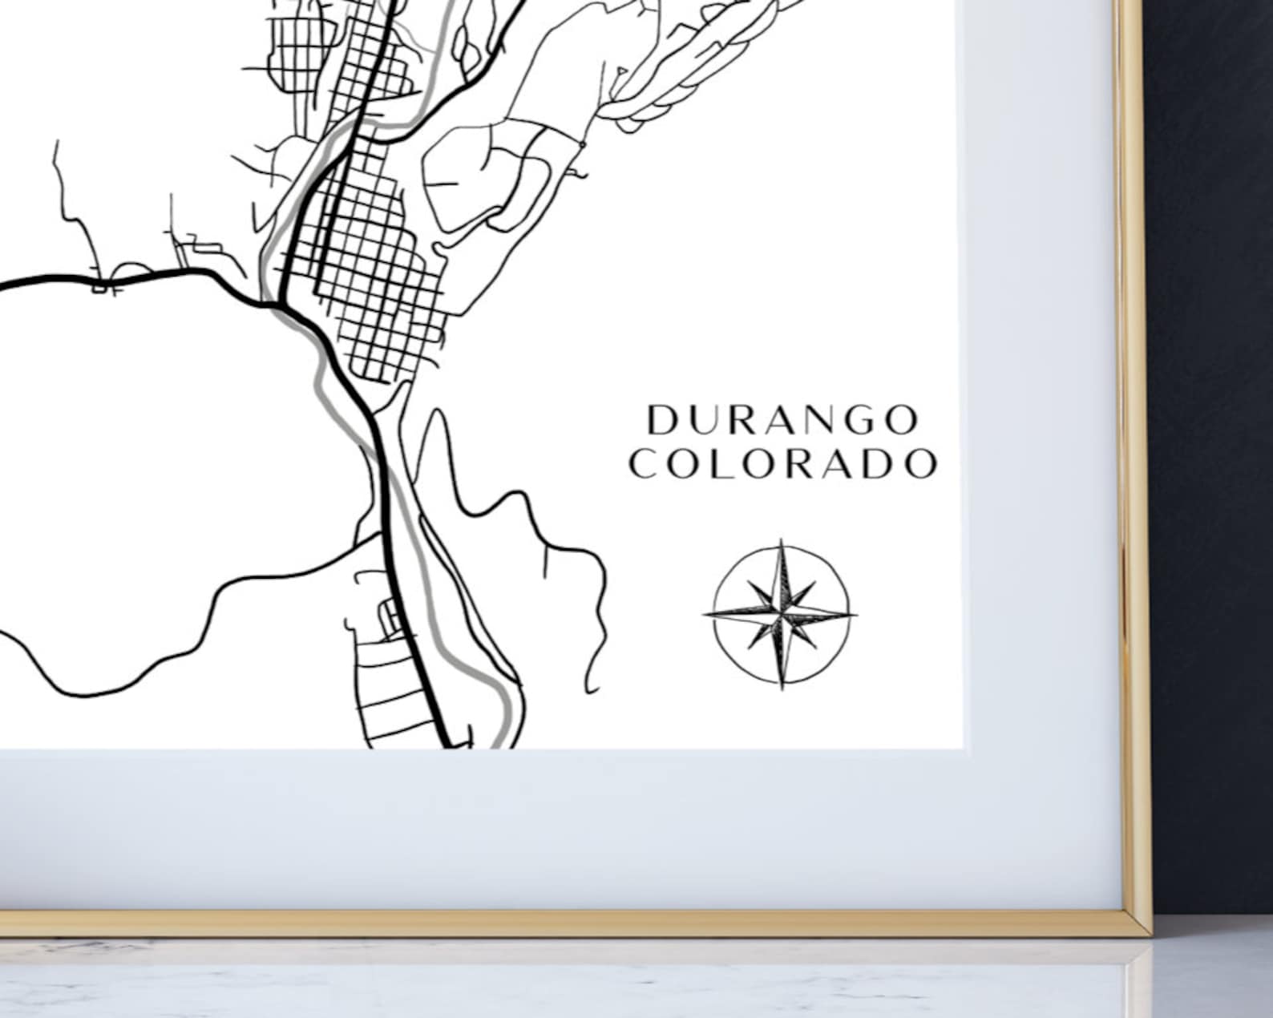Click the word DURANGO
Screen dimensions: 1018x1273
click(782, 420)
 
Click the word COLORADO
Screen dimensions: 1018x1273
click(782, 464)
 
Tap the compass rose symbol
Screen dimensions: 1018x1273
click(780, 615)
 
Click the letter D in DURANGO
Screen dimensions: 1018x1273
click(663, 420)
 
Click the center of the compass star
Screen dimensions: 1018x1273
click(781, 615)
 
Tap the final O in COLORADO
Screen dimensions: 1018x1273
click(919, 464)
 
